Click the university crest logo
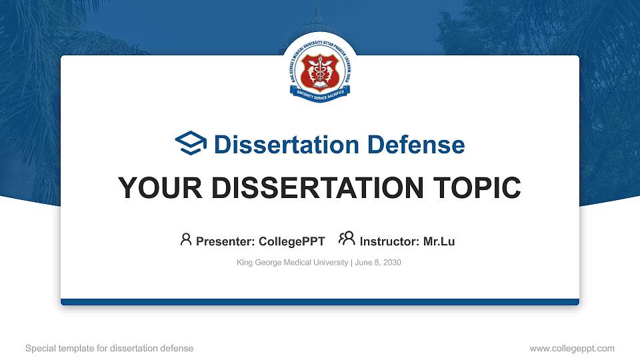point(319,70)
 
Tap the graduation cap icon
point(191,143)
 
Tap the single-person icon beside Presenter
point(186,239)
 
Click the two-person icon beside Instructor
point(347,239)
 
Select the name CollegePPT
point(292,241)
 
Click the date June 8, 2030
point(378,263)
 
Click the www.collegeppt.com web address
point(571,348)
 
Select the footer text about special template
point(109,348)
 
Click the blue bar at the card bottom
point(319,302)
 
